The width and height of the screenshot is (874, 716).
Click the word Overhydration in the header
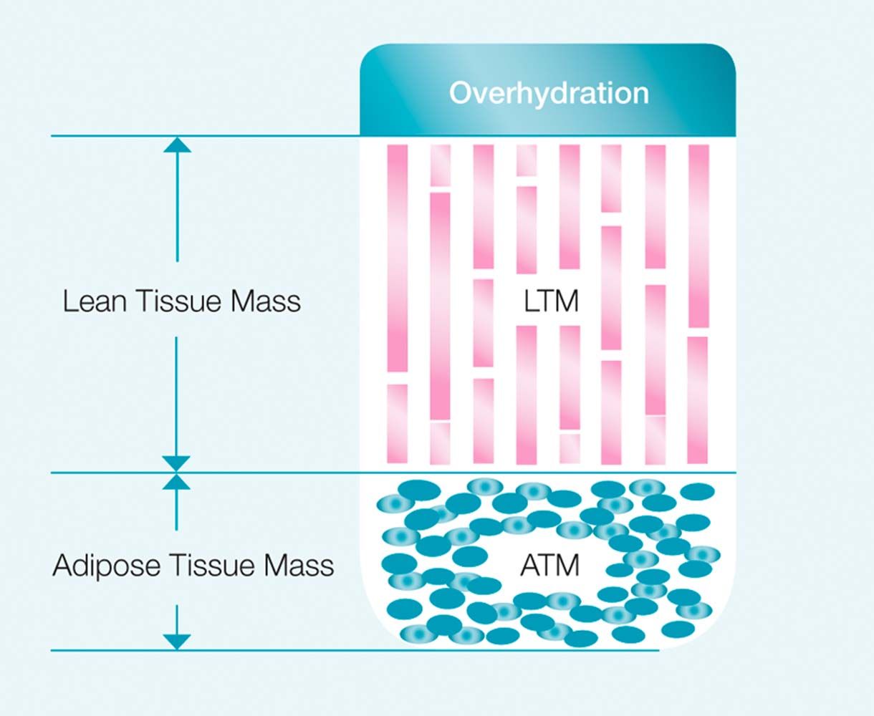point(548,93)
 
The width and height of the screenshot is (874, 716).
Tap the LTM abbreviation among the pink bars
point(551,301)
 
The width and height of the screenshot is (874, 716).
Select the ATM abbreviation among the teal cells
point(549,566)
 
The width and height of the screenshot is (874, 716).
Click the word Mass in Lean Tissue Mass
point(266,301)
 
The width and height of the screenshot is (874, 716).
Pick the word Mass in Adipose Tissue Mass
point(299,566)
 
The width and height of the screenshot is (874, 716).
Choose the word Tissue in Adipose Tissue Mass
point(213,566)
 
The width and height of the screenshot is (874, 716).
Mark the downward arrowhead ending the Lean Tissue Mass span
point(177,463)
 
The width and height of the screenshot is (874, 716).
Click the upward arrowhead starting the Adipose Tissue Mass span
point(177,481)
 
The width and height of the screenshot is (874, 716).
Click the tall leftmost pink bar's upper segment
point(398,258)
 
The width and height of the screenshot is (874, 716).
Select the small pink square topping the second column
point(440,165)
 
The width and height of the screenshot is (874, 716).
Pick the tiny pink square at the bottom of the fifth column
point(570,448)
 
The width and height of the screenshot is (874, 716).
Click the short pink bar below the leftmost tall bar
point(398,423)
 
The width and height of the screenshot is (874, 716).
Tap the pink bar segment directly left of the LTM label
point(484,322)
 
